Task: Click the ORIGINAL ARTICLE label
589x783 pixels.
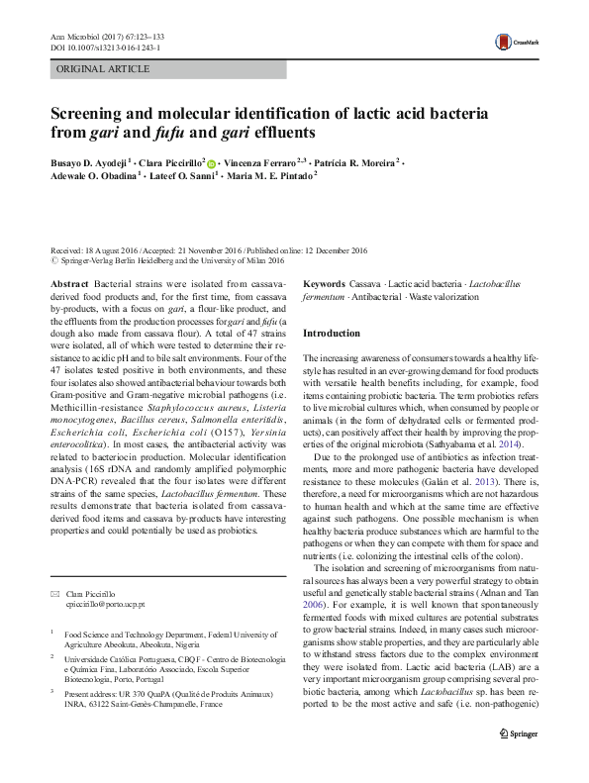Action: [x=104, y=69]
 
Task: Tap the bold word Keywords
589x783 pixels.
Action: [x=324, y=283]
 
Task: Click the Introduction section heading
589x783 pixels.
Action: [x=332, y=334]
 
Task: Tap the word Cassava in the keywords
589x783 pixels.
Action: [x=365, y=283]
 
